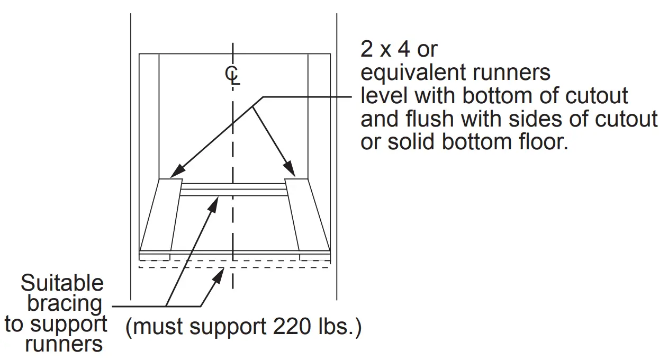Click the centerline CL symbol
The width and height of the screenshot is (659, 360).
point(232,75)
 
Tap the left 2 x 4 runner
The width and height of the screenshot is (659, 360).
point(161,214)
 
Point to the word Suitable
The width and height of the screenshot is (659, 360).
point(62,284)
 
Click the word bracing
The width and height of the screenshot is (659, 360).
point(65,304)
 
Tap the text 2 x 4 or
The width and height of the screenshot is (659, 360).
point(399,49)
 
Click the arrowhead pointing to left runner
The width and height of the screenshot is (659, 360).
point(178,172)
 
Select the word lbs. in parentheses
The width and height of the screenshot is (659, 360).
point(338,327)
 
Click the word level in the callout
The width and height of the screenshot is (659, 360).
point(384,96)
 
